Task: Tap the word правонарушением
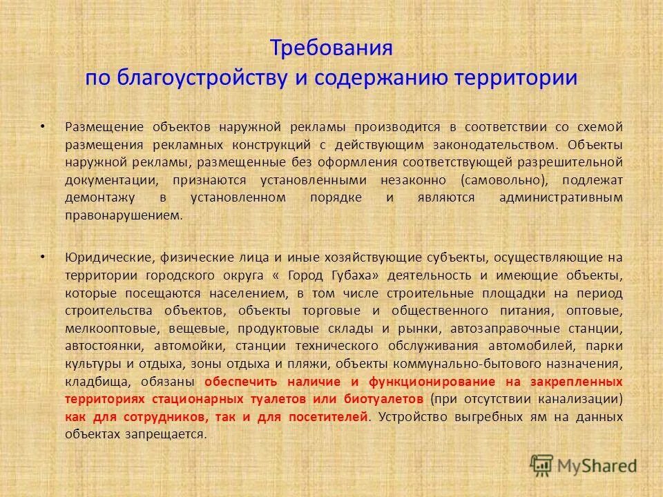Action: click(124, 215)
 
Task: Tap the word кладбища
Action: click(95, 382)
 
